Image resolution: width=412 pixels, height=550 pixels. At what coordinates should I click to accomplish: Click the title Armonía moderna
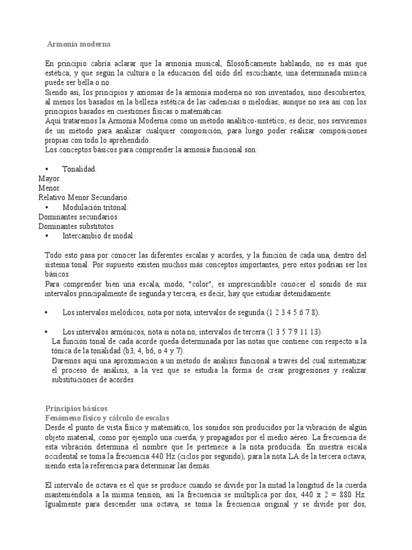pos(78,44)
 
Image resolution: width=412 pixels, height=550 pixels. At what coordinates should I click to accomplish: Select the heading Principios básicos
pos(77,409)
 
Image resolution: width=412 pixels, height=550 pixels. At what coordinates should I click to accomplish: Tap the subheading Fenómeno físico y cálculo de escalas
pos(107,418)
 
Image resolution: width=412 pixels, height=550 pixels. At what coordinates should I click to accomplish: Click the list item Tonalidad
pos(79,169)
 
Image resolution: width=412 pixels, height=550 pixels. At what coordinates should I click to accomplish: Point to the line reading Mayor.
pos(50,178)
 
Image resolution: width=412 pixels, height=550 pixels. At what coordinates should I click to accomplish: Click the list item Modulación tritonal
pos(95,207)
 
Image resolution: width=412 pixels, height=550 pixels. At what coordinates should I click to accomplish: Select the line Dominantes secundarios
pos(79,216)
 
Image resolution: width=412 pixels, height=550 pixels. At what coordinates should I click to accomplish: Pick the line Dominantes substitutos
pos(77,226)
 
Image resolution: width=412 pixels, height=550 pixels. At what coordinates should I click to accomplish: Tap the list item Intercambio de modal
pos(99,236)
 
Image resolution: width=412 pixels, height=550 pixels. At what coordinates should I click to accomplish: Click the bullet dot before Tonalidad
pos(47,169)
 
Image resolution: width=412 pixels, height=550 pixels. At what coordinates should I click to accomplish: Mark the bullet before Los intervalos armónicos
pos(47,331)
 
